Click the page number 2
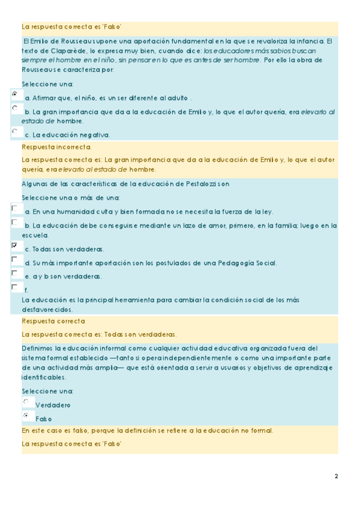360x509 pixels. coord(336,477)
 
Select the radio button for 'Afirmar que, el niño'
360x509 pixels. coord(14,94)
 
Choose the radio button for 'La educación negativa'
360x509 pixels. coord(14,130)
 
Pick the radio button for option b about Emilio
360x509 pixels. coord(14,108)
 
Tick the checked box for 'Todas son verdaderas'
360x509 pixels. coord(14,245)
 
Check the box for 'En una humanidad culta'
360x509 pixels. coord(14,208)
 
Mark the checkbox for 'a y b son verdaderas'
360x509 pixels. coord(14,273)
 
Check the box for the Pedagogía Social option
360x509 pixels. coord(14,259)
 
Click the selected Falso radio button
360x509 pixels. coord(26,415)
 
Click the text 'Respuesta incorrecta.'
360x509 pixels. coord(56,147)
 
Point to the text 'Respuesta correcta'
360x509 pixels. coord(53,322)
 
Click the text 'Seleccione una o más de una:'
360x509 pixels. coord(71,197)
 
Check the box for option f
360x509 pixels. coord(14,288)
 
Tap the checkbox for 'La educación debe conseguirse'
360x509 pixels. coord(14,222)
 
